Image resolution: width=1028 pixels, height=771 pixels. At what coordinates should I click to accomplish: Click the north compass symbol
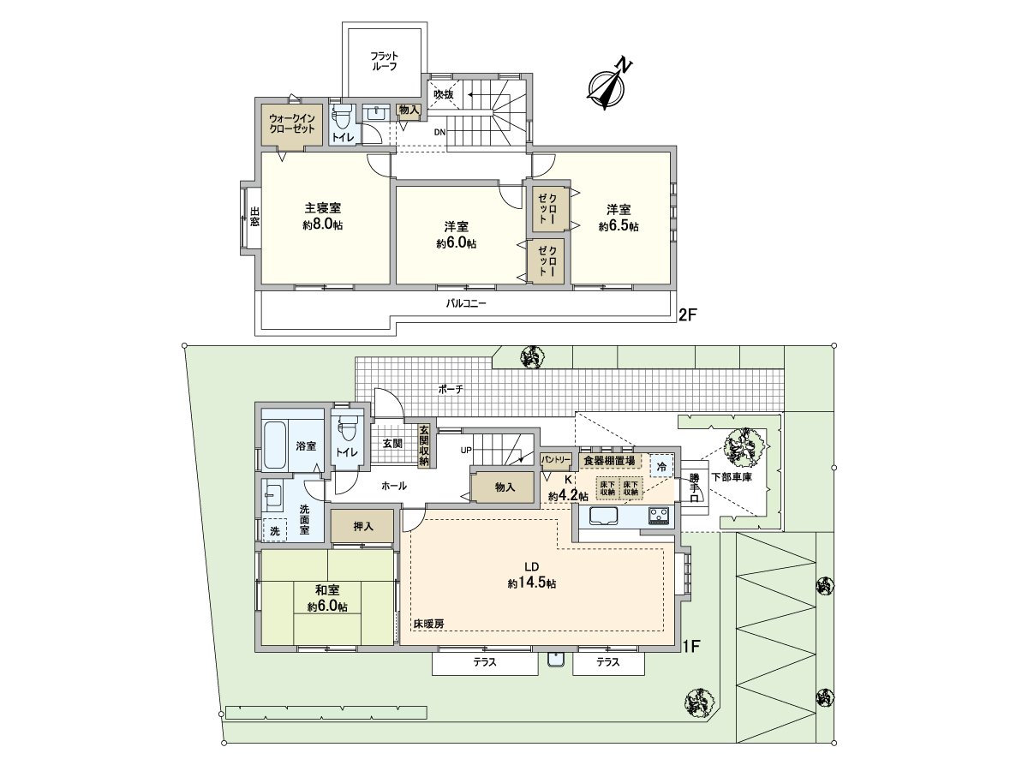(607, 87)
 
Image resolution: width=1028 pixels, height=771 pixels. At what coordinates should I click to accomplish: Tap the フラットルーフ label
(384, 62)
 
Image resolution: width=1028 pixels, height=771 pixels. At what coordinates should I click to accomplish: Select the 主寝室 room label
(323, 207)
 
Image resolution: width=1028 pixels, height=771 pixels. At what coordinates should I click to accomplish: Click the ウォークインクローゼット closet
(292, 124)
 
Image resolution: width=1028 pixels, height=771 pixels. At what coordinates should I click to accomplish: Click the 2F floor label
(688, 314)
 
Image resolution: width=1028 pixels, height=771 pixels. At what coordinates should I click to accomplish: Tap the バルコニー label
(465, 303)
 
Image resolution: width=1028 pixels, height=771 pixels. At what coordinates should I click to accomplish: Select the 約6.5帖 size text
(619, 226)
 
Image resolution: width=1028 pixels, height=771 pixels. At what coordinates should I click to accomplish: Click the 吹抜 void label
(443, 94)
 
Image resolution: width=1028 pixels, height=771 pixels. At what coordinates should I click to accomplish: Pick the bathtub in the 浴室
(274, 445)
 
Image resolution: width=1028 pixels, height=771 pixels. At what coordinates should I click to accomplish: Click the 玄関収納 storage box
(424, 445)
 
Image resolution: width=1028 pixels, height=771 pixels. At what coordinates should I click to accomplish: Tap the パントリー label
(555, 460)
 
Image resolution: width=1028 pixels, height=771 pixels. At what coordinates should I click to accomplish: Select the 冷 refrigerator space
(661, 466)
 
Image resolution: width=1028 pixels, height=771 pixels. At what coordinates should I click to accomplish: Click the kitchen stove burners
(660, 517)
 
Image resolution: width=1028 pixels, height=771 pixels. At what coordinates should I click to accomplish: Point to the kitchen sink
(604, 517)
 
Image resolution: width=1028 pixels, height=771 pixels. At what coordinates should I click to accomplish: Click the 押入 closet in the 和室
(362, 526)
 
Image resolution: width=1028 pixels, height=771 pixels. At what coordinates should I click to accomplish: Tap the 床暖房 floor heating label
(428, 624)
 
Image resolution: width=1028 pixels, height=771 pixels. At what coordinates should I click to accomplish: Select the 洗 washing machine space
(274, 530)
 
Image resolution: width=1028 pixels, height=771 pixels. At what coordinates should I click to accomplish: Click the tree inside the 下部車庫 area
(744, 447)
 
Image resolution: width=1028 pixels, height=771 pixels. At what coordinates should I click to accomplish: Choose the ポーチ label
(451, 389)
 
